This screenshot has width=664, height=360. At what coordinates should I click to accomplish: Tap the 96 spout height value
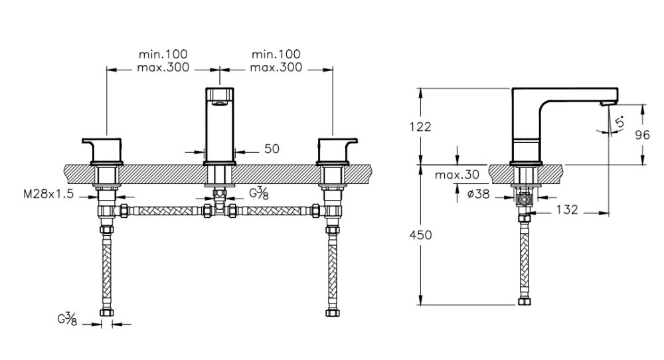[x=641, y=134]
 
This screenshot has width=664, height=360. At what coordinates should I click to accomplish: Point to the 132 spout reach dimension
[x=566, y=210]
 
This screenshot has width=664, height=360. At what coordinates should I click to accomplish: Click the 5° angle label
[x=620, y=123]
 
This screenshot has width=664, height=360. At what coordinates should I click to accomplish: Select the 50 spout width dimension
[x=271, y=149]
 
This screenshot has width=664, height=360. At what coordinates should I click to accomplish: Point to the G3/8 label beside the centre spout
[x=258, y=193]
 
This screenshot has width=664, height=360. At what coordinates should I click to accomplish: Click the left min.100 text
[x=163, y=54]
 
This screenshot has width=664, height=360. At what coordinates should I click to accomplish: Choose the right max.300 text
[x=276, y=67]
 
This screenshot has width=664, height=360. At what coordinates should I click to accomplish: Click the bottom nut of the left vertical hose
[x=106, y=313]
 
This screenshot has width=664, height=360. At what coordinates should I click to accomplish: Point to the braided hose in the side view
[x=525, y=259]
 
